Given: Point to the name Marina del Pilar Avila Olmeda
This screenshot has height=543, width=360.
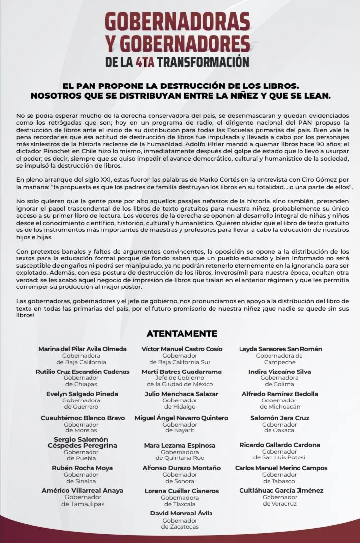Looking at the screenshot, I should [83, 349].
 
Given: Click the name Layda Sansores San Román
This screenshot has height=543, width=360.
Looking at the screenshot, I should [280, 349].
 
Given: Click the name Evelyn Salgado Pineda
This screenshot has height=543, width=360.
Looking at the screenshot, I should [82, 394].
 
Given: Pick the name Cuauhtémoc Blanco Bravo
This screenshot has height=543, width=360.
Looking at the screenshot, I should [83, 418].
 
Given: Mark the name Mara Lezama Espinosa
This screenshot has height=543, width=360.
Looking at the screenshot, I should [180, 445].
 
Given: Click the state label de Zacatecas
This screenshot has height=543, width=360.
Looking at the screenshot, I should [180, 527].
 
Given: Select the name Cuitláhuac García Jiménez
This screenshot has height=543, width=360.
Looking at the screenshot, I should [281, 490].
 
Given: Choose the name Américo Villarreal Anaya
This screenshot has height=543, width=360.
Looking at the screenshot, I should [83, 490].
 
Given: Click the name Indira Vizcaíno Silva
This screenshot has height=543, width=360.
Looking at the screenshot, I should [279, 372].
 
